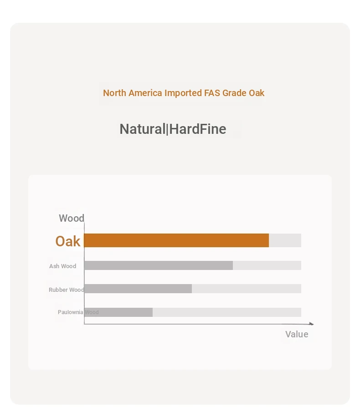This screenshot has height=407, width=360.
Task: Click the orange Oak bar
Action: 176,240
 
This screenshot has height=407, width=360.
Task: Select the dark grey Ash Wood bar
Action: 159,265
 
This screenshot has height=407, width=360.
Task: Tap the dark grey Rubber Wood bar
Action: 138,289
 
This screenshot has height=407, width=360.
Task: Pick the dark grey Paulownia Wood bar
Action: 118,312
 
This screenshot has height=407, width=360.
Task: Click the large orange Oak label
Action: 68,241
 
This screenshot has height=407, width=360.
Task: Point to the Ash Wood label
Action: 62,266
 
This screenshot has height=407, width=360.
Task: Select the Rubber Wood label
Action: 67,290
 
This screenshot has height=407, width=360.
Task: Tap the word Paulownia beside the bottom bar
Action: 70,312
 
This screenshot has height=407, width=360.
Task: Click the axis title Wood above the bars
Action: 72,218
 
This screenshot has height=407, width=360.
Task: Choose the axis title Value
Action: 297,334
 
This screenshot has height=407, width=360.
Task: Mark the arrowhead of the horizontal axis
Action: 312,324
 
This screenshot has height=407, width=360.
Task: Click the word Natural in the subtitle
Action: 142,129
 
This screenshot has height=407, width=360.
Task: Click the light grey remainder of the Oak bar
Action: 285,240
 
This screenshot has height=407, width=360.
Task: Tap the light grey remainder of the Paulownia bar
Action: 227,312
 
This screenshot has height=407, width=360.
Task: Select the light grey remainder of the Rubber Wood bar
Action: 247,289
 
